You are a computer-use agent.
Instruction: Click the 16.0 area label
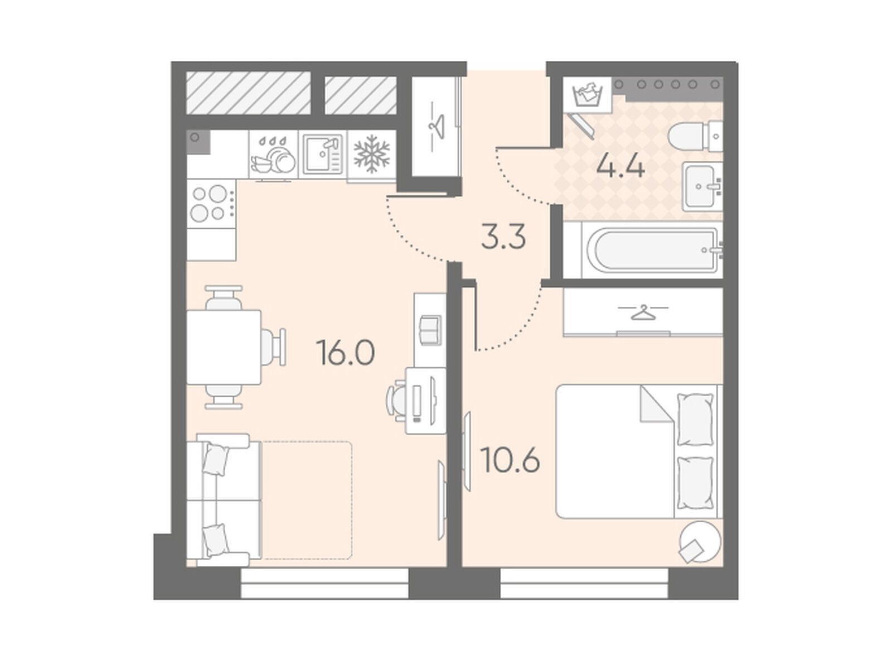click(x=345, y=353)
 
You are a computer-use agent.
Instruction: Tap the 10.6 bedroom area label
click(x=510, y=460)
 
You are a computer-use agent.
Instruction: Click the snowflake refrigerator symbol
click(x=371, y=154)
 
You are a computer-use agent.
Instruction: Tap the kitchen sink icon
click(x=323, y=154)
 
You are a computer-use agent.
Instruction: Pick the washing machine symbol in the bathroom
click(x=587, y=95)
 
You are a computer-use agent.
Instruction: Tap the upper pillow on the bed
click(x=695, y=420)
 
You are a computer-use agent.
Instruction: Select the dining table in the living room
click(x=224, y=347)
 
